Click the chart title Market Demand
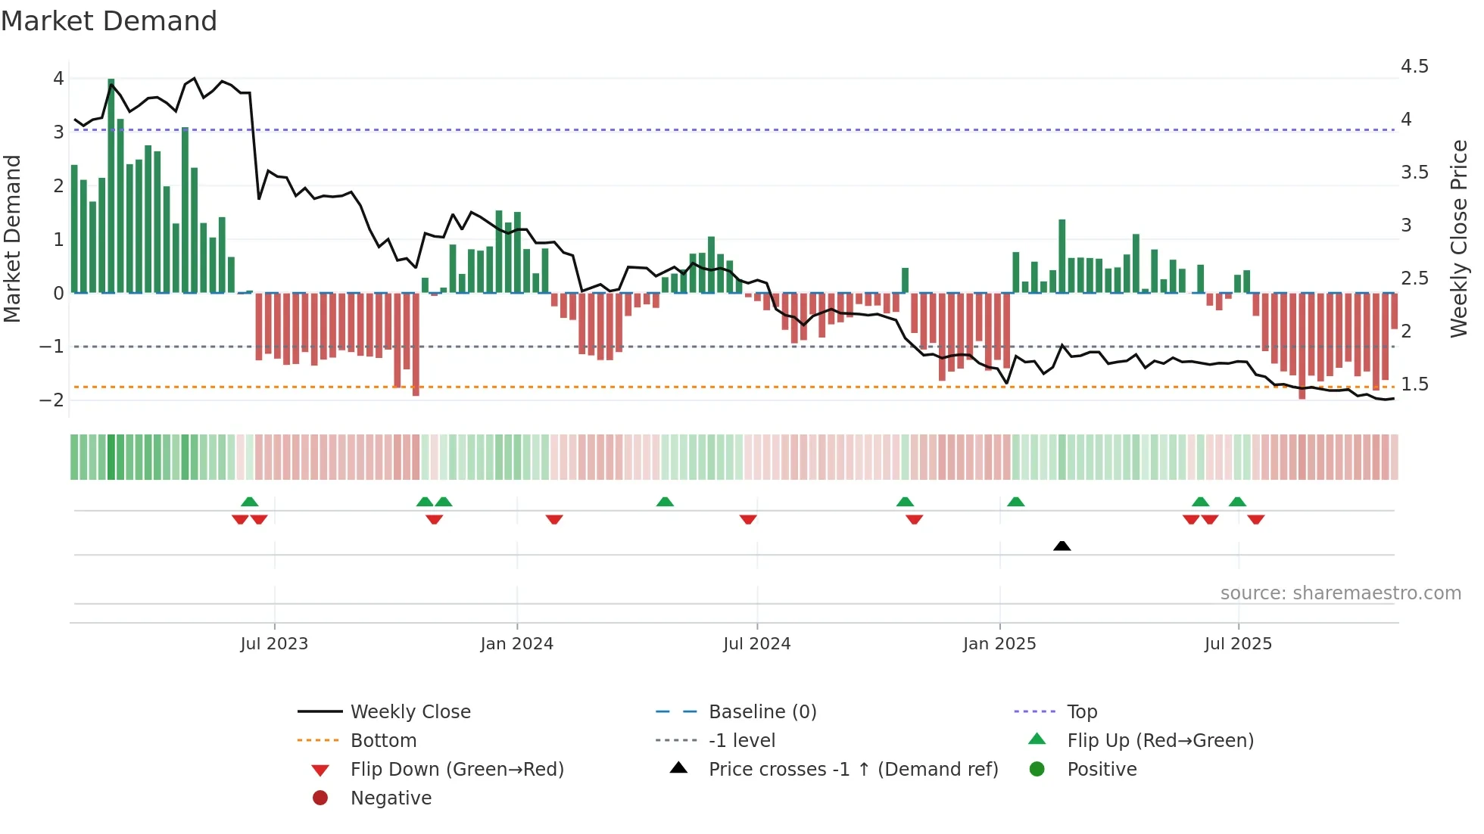[109, 21]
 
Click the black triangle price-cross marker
[1062, 546]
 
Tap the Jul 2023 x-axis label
[274, 644]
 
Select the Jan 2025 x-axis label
[999, 644]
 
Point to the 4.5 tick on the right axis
[1414, 67]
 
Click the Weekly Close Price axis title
[1459, 238]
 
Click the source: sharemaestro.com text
[1340, 593]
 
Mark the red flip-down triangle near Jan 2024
[554, 519]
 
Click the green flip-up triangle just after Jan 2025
[1016, 502]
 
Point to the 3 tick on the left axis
[58, 132]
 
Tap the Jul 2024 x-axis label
[756, 644]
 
